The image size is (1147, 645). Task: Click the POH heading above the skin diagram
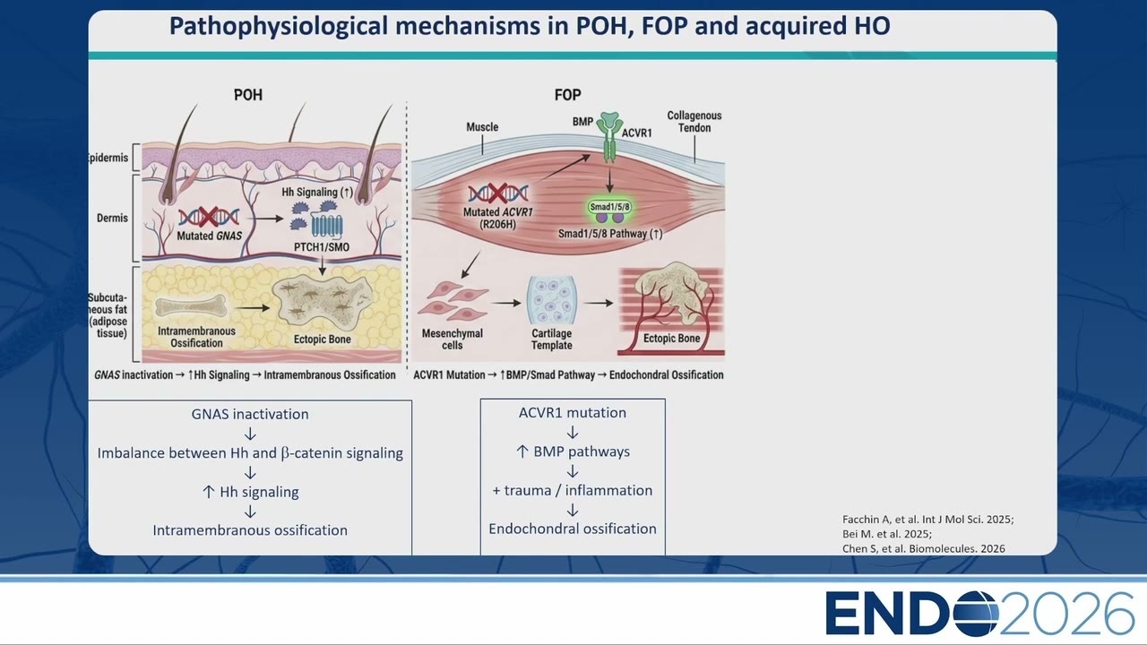pyautogui.click(x=248, y=95)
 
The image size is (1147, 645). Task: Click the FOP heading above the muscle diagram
pyautogui.click(x=567, y=95)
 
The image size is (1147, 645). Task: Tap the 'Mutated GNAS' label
pyautogui.click(x=209, y=236)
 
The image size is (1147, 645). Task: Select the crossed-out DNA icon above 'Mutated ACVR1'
pyautogui.click(x=497, y=193)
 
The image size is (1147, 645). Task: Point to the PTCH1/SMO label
pyautogui.click(x=322, y=247)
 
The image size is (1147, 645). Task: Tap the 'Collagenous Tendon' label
pyautogui.click(x=694, y=122)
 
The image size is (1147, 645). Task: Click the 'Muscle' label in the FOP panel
pyautogui.click(x=482, y=127)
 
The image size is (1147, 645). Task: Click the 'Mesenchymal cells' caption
pyautogui.click(x=453, y=340)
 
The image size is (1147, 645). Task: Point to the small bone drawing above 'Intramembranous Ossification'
pyautogui.click(x=191, y=306)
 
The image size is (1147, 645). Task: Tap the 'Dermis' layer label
pyautogui.click(x=112, y=218)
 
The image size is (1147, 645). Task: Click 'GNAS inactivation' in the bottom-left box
pyautogui.click(x=250, y=414)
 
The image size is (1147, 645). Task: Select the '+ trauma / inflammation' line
pyautogui.click(x=573, y=490)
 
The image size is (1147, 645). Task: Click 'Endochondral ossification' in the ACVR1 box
pyautogui.click(x=573, y=529)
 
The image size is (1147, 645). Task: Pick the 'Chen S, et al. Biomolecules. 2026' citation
pyautogui.click(x=924, y=549)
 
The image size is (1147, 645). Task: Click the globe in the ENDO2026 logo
pyautogui.click(x=976, y=614)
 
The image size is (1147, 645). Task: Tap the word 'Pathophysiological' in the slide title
pyautogui.click(x=278, y=27)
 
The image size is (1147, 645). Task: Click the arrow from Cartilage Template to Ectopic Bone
pyautogui.click(x=598, y=303)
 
